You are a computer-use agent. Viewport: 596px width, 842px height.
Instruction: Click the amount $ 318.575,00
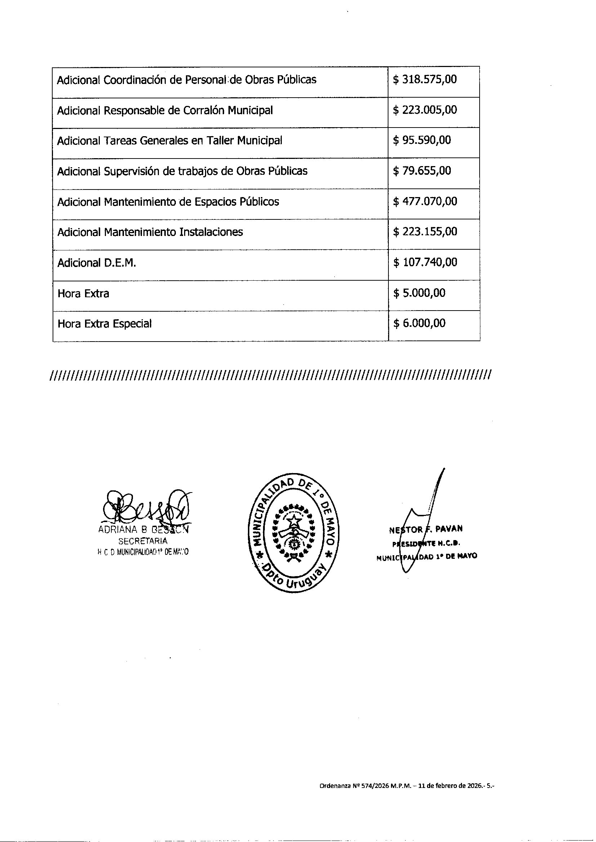[424, 80]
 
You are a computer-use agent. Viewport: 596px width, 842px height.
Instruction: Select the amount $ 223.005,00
[424, 110]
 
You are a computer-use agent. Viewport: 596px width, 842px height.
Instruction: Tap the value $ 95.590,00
[422, 141]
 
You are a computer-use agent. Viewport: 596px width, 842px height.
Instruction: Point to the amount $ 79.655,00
[422, 171]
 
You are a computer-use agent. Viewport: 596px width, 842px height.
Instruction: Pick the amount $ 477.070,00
[424, 201]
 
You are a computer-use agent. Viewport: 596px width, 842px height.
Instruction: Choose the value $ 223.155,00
[424, 232]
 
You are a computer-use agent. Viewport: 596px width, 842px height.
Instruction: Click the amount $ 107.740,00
[424, 262]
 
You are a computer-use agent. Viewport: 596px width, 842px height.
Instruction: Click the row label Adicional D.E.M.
[97, 263]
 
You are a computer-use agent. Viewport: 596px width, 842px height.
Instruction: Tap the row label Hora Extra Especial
[104, 324]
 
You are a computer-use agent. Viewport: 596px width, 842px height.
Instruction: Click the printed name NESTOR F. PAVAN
[426, 529]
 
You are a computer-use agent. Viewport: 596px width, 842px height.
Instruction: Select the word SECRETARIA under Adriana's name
[143, 541]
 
